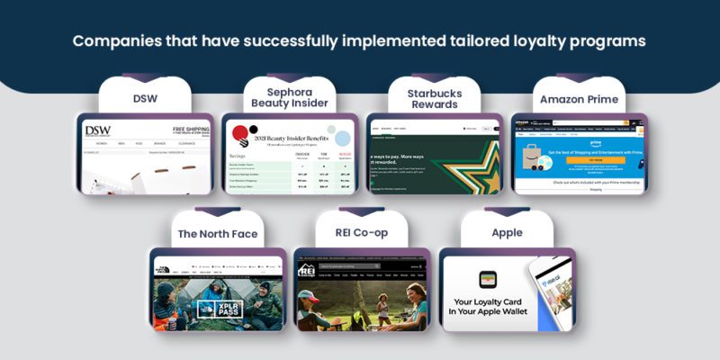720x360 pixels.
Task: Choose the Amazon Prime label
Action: pos(576,98)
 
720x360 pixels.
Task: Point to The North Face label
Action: pos(218,233)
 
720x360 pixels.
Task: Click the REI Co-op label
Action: pos(361,233)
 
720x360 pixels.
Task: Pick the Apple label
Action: pos(506,233)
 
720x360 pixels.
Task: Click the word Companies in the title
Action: pos(117,41)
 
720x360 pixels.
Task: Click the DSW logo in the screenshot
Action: pos(97,130)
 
